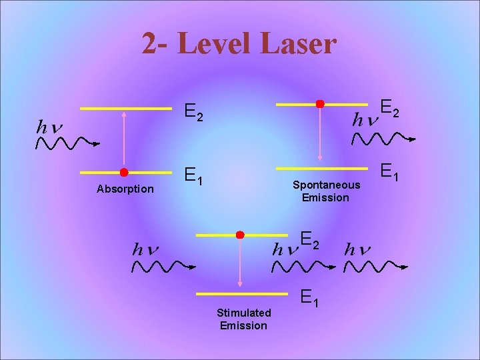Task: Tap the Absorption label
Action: [125, 189]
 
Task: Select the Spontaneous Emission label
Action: [325, 191]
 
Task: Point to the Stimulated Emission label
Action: [243, 319]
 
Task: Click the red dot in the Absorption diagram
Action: [124, 173]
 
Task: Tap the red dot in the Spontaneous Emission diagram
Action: [320, 104]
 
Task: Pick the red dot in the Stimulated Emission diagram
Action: [240, 235]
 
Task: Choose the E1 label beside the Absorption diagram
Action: [194, 176]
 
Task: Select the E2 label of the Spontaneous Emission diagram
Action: [390, 107]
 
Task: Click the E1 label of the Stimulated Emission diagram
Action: [310, 297]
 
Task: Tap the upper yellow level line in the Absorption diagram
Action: [125, 108]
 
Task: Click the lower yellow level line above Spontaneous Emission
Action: [321, 167]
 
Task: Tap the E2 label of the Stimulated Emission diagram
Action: [310, 239]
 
